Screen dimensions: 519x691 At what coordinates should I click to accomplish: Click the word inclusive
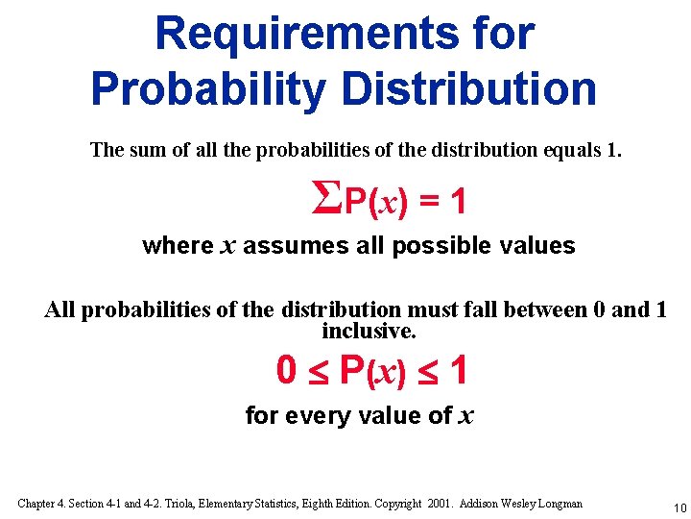[x=369, y=332]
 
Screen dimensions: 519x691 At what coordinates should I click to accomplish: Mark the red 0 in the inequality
[x=286, y=370]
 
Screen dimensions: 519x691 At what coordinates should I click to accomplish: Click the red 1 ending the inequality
[x=458, y=370]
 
